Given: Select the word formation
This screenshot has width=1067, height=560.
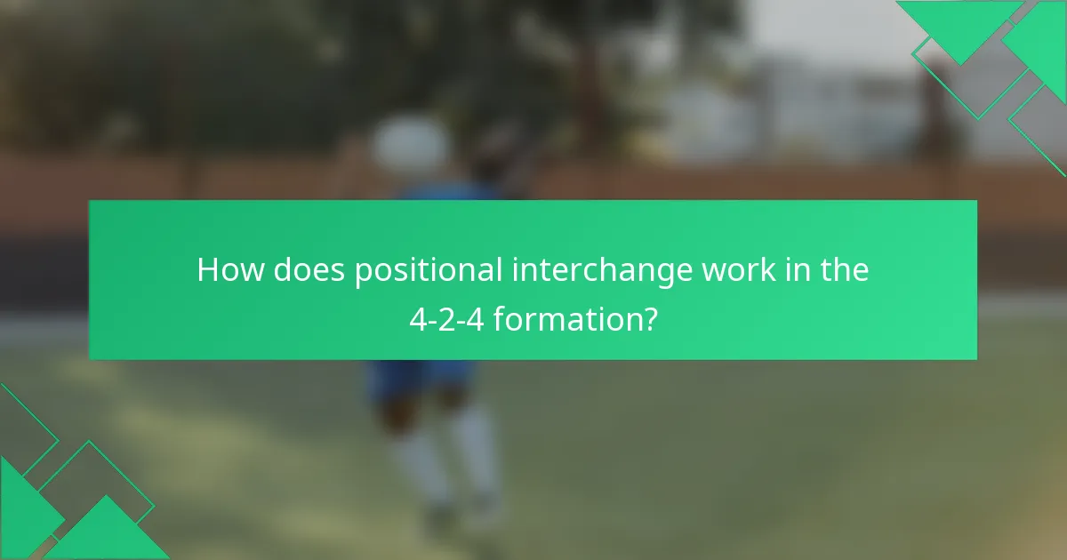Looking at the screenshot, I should tap(567, 318).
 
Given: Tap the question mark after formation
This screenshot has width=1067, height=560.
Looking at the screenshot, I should tap(652, 318).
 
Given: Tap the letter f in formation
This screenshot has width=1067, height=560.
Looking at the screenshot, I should tap(499, 317).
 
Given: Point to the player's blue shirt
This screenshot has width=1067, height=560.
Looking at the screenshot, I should tap(445, 192).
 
